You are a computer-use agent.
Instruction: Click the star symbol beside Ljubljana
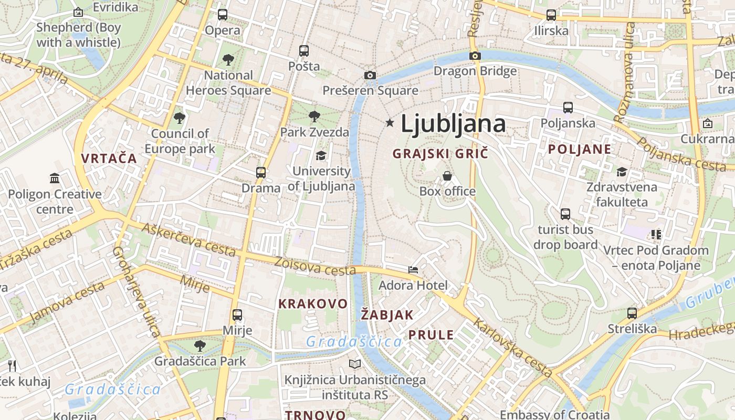point(390,123)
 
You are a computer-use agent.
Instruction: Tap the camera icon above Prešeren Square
point(370,75)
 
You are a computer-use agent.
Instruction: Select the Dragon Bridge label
point(475,71)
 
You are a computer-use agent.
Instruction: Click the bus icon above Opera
point(223,15)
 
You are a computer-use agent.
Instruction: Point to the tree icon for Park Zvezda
point(314,116)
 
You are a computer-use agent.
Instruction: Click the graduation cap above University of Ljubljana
point(321,155)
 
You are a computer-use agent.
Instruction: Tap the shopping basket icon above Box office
point(447,175)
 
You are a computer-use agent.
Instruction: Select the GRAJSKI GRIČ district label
point(440,154)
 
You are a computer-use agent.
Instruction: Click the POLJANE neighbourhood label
point(580,149)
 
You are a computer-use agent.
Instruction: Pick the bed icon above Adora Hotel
point(413,270)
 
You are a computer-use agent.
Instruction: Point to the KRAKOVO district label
point(313,304)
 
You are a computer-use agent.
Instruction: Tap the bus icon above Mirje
point(237,315)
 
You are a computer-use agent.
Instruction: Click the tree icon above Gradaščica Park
point(199,345)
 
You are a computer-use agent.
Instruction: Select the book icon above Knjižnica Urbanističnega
point(355,364)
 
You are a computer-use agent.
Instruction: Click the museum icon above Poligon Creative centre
point(55,178)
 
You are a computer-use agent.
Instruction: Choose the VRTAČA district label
point(109,158)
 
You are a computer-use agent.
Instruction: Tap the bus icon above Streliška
point(632,313)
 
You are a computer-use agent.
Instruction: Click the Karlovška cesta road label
point(512,348)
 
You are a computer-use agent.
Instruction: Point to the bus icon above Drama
point(261,172)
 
